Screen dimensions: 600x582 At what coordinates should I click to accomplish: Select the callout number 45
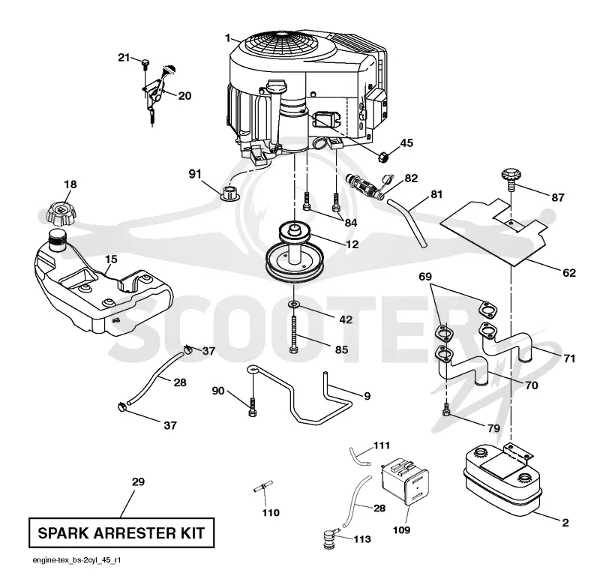click(x=406, y=143)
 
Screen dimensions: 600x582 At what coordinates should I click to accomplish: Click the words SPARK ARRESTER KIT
click(x=121, y=533)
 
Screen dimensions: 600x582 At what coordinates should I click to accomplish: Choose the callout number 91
click(x=195, y=174)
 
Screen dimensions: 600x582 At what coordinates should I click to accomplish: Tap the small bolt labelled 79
click(x=445, y=409)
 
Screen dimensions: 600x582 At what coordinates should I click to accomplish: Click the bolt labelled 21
click(x=145, y=64)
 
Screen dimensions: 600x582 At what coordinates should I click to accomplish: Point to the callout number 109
click(x=401, y=530)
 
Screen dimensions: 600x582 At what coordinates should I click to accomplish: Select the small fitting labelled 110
click(x=263, y=487)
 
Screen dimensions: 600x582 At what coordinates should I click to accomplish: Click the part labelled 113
click(x=329, y=538)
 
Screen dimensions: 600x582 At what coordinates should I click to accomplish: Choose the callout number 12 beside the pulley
click(x=352, y=244)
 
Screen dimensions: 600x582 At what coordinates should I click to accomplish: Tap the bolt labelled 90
click(x=252, y=406)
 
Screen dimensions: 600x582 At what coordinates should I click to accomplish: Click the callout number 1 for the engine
click(x=228, y=38)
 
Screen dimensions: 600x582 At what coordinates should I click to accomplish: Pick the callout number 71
click(x=569, y=358)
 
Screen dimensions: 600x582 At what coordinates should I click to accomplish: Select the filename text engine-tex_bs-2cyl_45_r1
click(x=76, y=560)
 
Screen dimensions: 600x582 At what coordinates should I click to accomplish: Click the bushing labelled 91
click(x=230, y=193)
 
